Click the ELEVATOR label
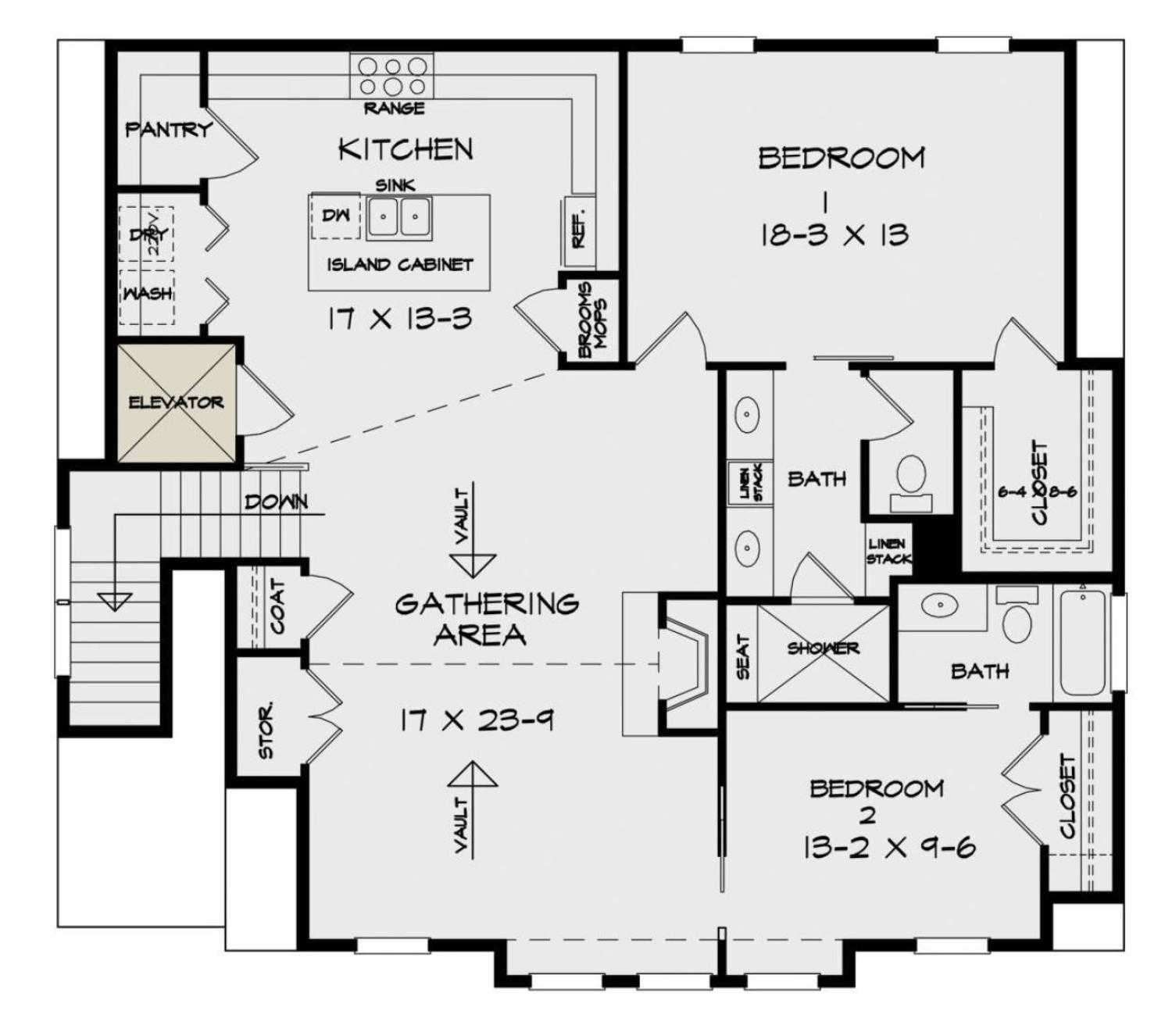(176, 402)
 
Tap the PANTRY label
(169, 129)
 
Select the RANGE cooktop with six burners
(393, 77)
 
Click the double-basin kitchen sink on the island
(399, 216)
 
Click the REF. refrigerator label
(579, 230)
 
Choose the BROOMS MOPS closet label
(595, 320)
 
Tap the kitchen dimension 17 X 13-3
(399, 319)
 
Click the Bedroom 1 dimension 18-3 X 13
(834, 234)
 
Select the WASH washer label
(148, 294)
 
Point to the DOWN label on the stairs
(276, 502)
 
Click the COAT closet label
(277, 606)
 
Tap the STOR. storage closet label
(266, 731)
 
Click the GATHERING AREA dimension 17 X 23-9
(477, 720)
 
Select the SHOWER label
(823, 648)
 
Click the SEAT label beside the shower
(743, 656)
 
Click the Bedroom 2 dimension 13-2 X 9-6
(888, 847)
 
